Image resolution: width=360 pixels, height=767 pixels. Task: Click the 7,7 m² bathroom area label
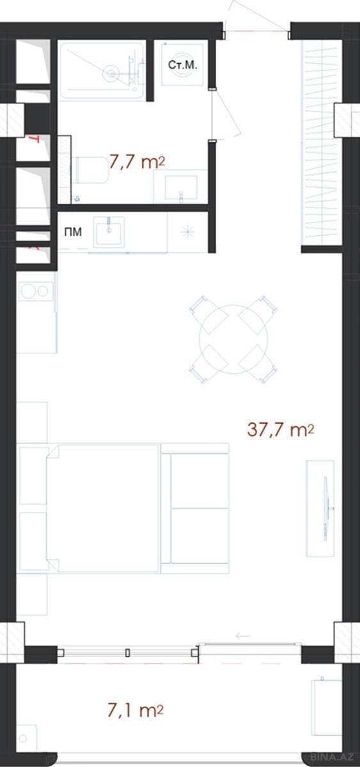[x=137, y=161]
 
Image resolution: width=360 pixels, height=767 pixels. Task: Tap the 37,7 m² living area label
[x=281, y=430]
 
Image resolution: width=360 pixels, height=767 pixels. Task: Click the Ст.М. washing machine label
[x=183, y=65]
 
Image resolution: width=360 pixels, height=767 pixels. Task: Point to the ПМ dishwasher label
[x=73, y=232]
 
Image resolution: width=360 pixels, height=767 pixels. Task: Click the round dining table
[x=233, y=338]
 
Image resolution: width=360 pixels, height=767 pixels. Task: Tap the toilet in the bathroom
[x=90, y=170]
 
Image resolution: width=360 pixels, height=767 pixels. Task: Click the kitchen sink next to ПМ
[x=109, y=231]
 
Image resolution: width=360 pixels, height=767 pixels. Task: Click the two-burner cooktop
[x=35, y=291]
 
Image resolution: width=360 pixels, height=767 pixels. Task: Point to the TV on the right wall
[x=325, y=509]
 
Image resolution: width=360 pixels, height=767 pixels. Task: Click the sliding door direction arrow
[x=243, y=636]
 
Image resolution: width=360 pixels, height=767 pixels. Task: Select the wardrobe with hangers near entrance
[x=322, y=143]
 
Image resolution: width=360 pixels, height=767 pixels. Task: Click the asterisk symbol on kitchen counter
[x=187, y=233]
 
